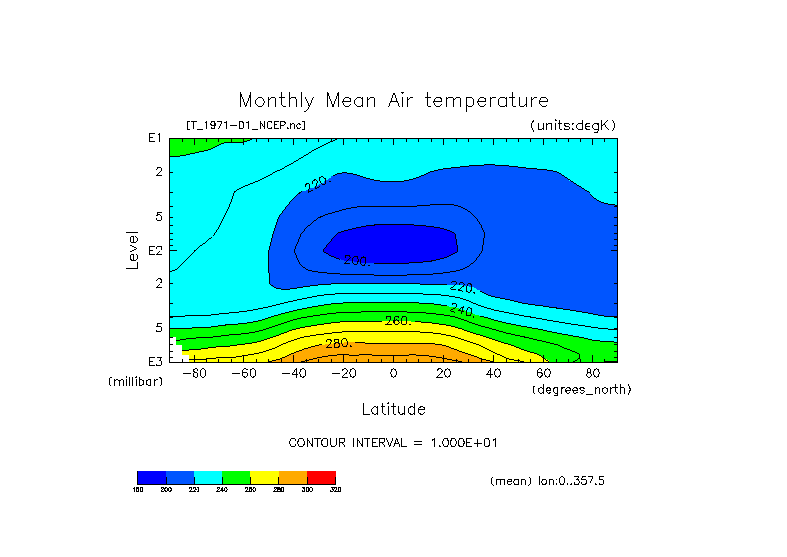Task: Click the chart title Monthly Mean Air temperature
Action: coord(393,101)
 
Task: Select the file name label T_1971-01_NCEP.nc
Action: coord(245,125)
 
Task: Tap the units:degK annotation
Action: coord(574,125)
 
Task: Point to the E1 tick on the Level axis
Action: coord(155,138)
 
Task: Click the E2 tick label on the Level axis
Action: coord(155,250)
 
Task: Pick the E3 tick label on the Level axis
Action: coord(155,360)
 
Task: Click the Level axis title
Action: coord(132,248)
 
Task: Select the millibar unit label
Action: coord(135,382)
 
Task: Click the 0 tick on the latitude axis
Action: coord(393,373)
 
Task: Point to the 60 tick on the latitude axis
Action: coord(543,373)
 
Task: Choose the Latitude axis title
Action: coord(393,409)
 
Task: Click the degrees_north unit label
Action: coord(582,389)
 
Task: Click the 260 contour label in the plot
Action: coord(398,321)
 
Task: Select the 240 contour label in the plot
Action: coord(461,310)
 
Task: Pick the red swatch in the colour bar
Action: coord(321,477)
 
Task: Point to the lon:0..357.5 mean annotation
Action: coord(547,481)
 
